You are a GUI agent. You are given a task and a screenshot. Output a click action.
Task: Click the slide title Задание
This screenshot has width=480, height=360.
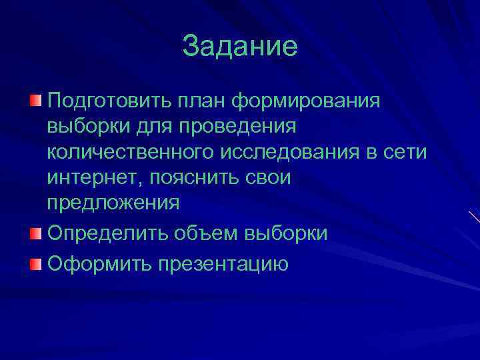240,47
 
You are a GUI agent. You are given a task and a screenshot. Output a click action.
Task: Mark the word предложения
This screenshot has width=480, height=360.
113,203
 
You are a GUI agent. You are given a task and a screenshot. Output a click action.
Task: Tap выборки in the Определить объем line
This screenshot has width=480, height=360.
287,233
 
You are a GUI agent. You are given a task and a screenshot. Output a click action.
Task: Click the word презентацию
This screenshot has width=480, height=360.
223,263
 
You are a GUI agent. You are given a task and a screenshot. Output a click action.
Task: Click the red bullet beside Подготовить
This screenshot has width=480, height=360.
35,100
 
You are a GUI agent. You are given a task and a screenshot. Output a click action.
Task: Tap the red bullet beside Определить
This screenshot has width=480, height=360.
35,232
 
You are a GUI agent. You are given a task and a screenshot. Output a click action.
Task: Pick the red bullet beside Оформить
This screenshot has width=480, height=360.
35,263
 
